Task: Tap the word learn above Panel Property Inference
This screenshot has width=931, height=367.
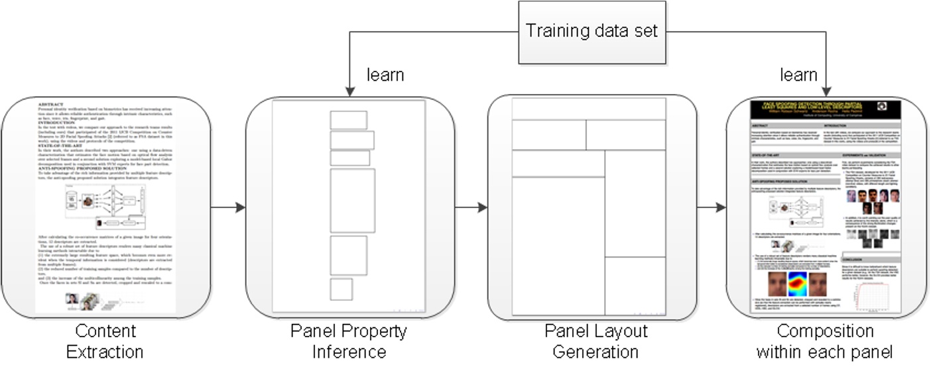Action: pyautogui.click(x=385, y=74)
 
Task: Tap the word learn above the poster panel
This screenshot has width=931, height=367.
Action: pyautogui.click(x=798, y=74)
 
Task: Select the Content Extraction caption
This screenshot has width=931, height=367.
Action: pyautogui.click(x=106, y=341)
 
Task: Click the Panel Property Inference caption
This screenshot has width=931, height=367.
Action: pyautogui.click(x=349, y=341)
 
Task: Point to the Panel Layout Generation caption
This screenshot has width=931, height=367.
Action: pyautogui.click(x=586, y=341)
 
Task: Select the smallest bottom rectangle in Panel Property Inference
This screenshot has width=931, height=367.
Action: pyautogui.click(x=341, y=289)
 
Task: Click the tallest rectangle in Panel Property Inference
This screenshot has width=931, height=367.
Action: pyautogui.click(x=352, y=200)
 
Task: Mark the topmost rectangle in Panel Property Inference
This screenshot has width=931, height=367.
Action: pyautogui.click(x=343, y=120)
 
